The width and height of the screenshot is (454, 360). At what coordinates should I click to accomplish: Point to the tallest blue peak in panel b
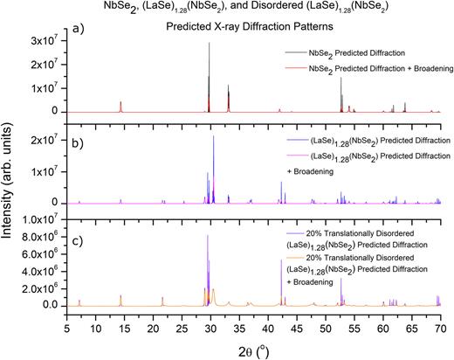[x=214, y=137]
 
